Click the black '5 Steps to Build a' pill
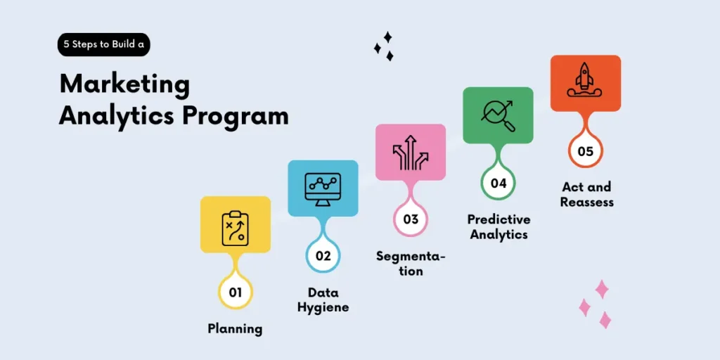coord(104,44)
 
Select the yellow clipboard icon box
coord(236,224)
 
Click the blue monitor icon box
coord(323,188)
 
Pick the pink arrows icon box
coord(411,152)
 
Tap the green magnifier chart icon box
coord(498,115)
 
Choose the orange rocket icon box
coord(585,83)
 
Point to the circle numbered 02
coord(323,255)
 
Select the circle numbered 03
coord(411,219)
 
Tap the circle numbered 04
coord(498,183)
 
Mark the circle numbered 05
coord(585,150)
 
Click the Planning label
coord(235,328)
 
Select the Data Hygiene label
coord(323,300)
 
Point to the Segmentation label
coord(411,263)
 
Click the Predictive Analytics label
coord(499,226)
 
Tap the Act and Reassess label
coord(587,194)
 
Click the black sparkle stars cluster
coord(384,46)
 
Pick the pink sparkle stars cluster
coord(595,304)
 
